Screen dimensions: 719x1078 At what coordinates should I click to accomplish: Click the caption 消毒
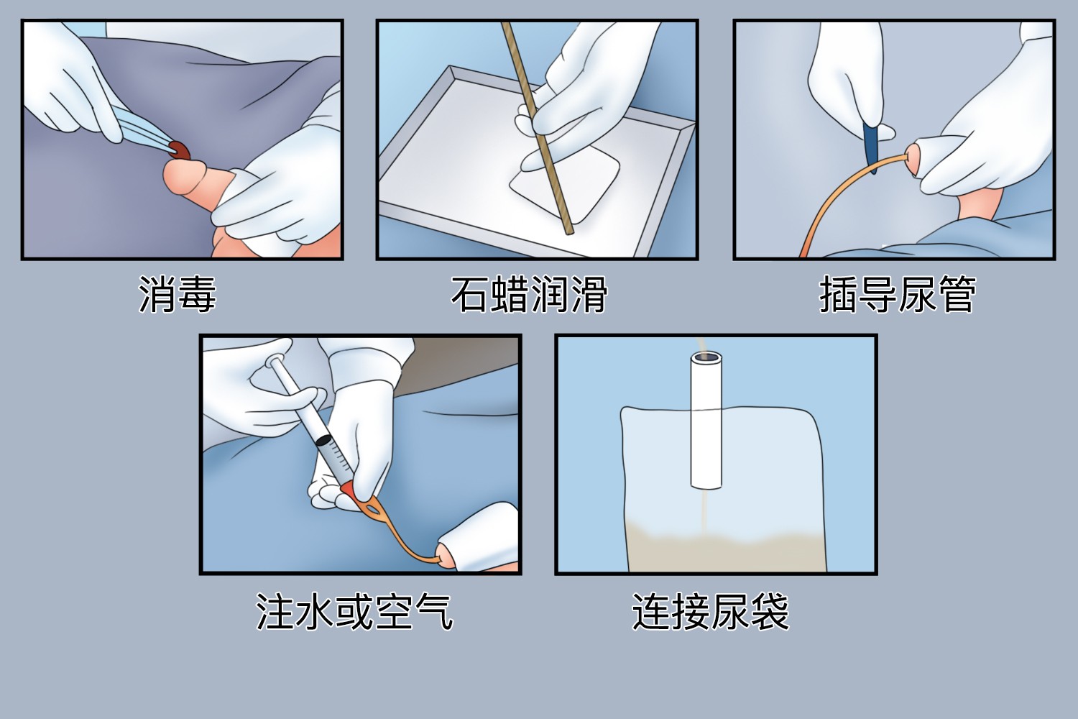click(177, 295)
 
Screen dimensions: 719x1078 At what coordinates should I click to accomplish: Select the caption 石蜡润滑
click(529, 295)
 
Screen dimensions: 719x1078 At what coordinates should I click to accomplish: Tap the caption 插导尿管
click(897, 295)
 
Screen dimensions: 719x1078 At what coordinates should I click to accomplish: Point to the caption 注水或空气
click(354, 613)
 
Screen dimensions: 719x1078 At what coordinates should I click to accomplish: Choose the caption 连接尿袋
click(710, 613)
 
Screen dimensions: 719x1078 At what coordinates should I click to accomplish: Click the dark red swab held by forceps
click(178, 150)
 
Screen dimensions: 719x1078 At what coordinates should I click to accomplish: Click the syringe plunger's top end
click(276, 362)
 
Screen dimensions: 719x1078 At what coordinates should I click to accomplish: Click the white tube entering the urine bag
click(706, 424)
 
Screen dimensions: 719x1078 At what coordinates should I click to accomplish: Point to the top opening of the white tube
click(706, 357)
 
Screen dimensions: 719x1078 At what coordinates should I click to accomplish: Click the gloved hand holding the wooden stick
click(589, 101)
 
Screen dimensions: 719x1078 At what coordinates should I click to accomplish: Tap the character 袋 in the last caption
click(770, 613)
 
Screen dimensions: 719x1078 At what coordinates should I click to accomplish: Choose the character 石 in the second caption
click(469, 295)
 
